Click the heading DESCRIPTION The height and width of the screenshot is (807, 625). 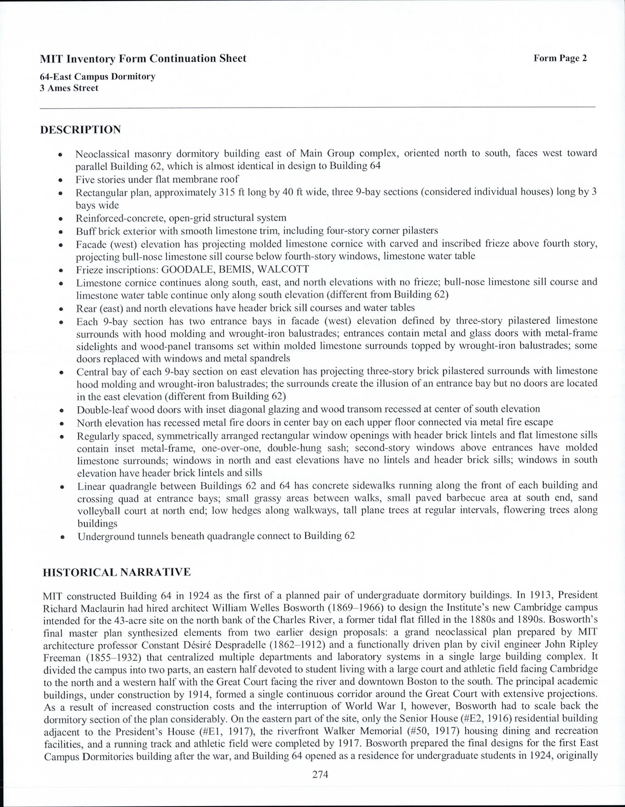(x=81, y=130)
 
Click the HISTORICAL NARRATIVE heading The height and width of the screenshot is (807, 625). (x=116, y=572)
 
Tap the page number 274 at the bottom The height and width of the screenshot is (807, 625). (x=320, y=775)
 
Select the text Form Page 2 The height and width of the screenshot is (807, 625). (x=560, y=58)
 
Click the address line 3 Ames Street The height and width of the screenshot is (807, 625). (x=69, y=88)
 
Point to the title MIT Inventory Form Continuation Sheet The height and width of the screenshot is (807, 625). (x=143, y=59)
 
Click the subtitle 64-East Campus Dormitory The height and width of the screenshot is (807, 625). (x=97, y=76)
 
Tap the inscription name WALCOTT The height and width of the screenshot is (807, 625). (x=286, y=269)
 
